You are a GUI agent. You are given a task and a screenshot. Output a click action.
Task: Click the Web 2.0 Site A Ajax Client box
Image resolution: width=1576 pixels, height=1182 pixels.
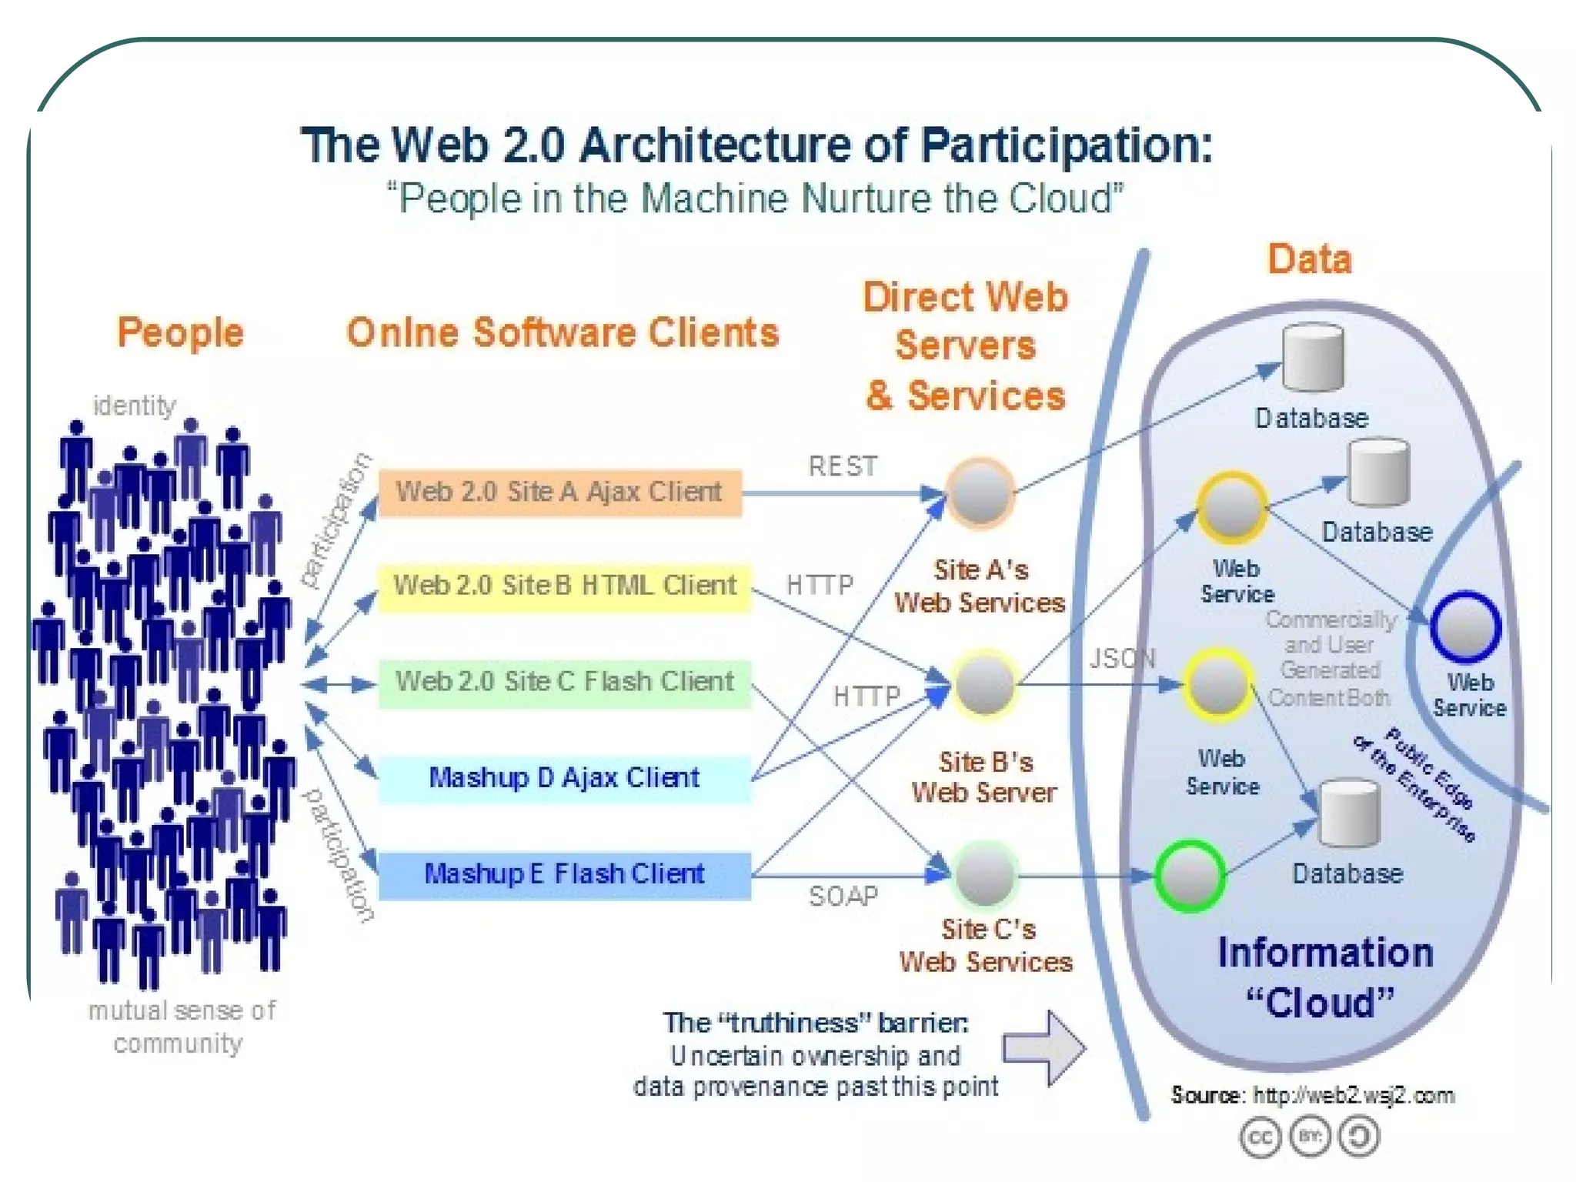point(559,492)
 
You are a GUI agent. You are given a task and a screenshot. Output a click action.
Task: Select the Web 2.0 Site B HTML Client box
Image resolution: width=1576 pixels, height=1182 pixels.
point(564,586)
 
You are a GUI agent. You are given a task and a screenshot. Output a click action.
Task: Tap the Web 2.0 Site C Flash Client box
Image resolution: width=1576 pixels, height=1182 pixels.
point(564,683)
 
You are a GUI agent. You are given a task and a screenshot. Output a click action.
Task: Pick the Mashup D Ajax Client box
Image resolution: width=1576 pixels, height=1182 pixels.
point(564,779)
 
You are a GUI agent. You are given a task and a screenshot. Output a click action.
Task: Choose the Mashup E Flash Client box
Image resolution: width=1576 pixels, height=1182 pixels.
point(564,875)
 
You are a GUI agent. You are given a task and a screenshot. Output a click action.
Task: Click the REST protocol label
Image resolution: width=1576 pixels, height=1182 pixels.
point(843,466)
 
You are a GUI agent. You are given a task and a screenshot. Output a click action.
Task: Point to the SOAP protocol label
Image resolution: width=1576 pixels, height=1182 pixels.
point(843,897)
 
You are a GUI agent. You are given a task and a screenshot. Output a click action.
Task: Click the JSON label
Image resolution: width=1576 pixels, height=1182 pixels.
point(1123,659)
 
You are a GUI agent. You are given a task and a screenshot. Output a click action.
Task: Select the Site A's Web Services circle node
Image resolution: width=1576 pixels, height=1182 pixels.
point(980,493)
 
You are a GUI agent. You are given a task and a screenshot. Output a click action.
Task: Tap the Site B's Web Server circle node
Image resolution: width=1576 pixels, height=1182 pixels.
point(985,684)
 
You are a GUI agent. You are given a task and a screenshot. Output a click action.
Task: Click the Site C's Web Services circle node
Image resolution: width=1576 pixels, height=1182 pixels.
point(986,875)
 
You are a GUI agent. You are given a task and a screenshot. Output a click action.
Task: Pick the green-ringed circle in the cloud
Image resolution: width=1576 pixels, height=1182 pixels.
point(1190,876)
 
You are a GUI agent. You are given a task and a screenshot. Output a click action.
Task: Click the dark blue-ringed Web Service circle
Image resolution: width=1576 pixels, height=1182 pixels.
point(1466,627)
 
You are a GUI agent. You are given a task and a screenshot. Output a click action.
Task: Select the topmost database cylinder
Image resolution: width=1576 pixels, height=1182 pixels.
point(1313,358)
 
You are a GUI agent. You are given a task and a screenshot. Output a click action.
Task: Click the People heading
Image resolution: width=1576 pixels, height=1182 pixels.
point(180,333)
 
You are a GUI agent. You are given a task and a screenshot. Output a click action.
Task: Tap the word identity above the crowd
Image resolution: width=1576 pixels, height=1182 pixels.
point(134,406)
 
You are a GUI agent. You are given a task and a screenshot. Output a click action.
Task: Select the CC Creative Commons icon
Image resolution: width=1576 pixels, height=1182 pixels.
point(1260,1137)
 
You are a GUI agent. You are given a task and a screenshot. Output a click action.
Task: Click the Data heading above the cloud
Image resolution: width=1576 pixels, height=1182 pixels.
point(1310,259)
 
